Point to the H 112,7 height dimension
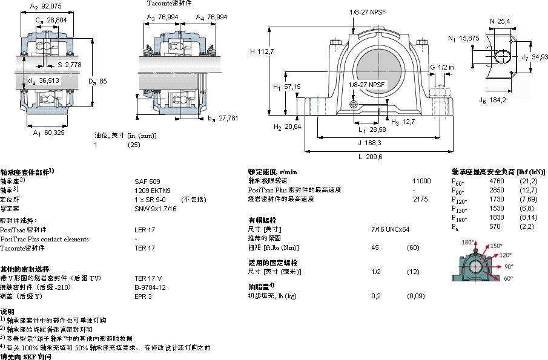tap(262, 51)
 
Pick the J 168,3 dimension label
tap(369, 143)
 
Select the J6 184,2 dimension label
tap(492, 100)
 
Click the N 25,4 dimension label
tap(500, 22)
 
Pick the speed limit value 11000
tap(421, 181)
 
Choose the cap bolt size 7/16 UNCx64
tap(390, 229)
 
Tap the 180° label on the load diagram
tap(467, 242)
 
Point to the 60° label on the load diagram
tap(508, 278)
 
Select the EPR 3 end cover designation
tap(143, 296)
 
